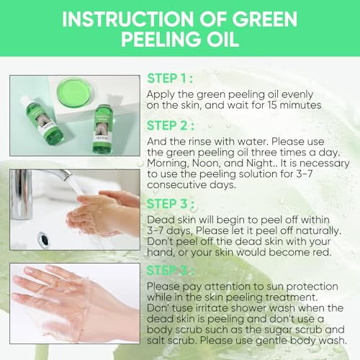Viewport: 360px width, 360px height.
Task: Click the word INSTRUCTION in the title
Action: pos(128,19)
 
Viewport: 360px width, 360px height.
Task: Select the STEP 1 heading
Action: pos(170,78)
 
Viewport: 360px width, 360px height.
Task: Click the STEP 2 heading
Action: pos(171,125)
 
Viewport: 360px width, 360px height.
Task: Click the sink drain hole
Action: pos(44,239)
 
